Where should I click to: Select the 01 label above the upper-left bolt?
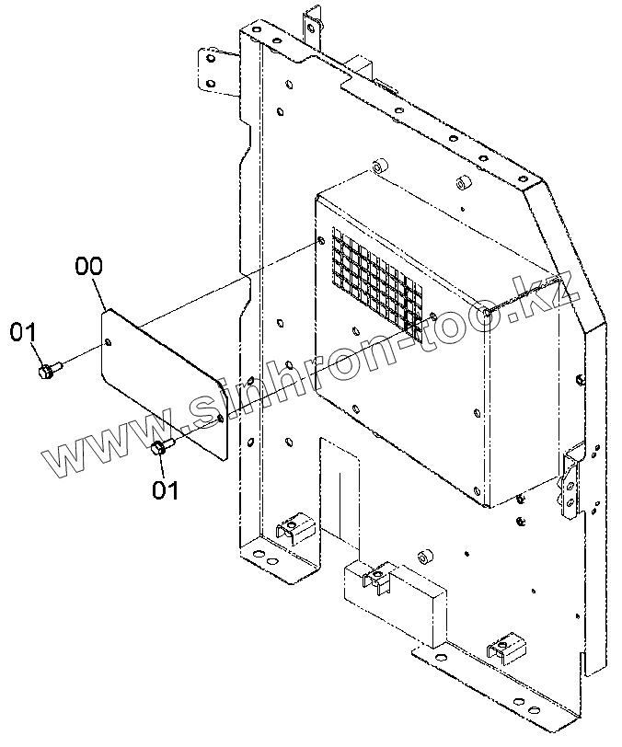(23, 333)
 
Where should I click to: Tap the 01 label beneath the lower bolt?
(166, 489)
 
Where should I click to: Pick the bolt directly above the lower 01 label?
(160, 448)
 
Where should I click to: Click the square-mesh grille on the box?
(377, 282)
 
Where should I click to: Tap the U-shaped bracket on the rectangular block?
(375, 577)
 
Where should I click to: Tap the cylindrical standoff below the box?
(425, 558)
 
